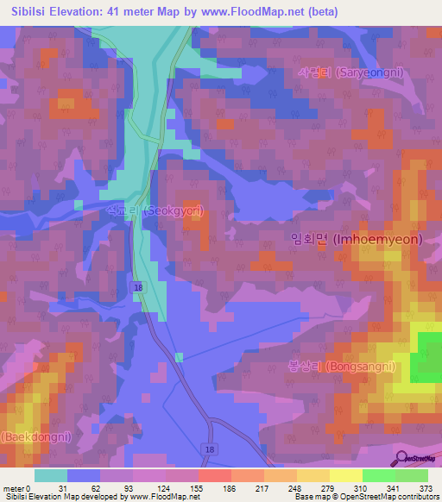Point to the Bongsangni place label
[342, 366]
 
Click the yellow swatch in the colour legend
[345, 475]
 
